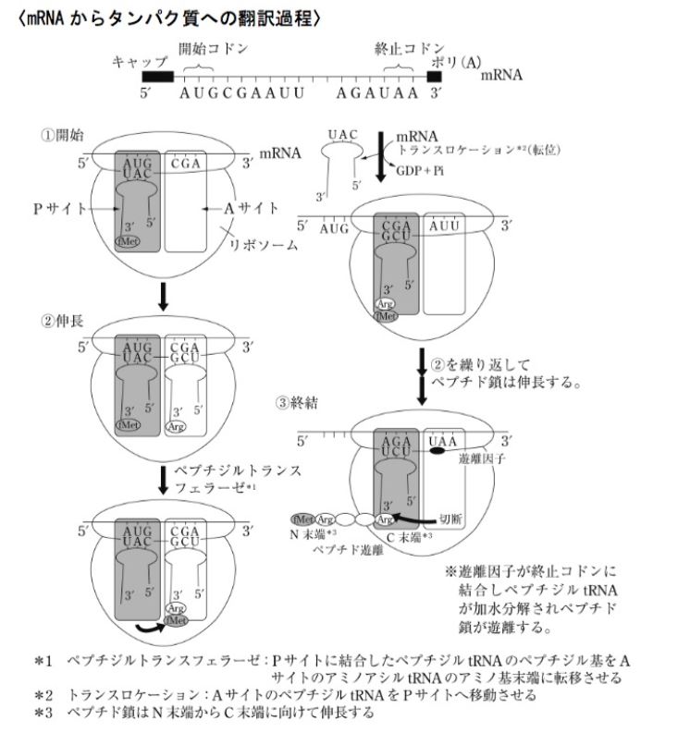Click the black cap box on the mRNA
157,78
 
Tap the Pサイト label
54,210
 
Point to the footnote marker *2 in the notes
43,693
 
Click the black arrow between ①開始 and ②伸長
163,293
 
